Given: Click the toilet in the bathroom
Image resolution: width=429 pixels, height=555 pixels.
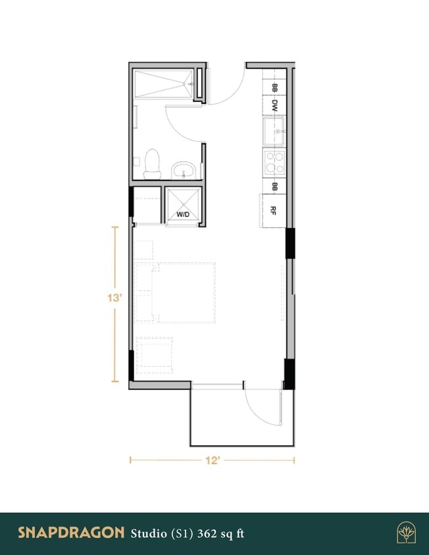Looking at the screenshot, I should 153,164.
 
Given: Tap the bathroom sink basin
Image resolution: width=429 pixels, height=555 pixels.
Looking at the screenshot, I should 184,172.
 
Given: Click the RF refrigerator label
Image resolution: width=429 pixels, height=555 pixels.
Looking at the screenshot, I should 274,210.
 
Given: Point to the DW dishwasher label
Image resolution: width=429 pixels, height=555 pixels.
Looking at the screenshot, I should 274,105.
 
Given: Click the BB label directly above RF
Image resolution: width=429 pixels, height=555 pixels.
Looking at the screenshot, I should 274,187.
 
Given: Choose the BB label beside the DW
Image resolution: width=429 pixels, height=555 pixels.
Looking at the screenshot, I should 274,87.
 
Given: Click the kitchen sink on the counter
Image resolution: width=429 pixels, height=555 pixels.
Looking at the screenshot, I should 274,131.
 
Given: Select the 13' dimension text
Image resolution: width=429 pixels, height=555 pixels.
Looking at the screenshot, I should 115,298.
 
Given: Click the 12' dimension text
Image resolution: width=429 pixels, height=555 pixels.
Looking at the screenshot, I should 212,460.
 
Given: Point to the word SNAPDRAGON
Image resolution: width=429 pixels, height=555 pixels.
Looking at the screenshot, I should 71,532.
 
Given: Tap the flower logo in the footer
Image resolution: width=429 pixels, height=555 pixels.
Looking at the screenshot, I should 406,532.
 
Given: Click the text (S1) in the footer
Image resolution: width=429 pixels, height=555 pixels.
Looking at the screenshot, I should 180,532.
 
